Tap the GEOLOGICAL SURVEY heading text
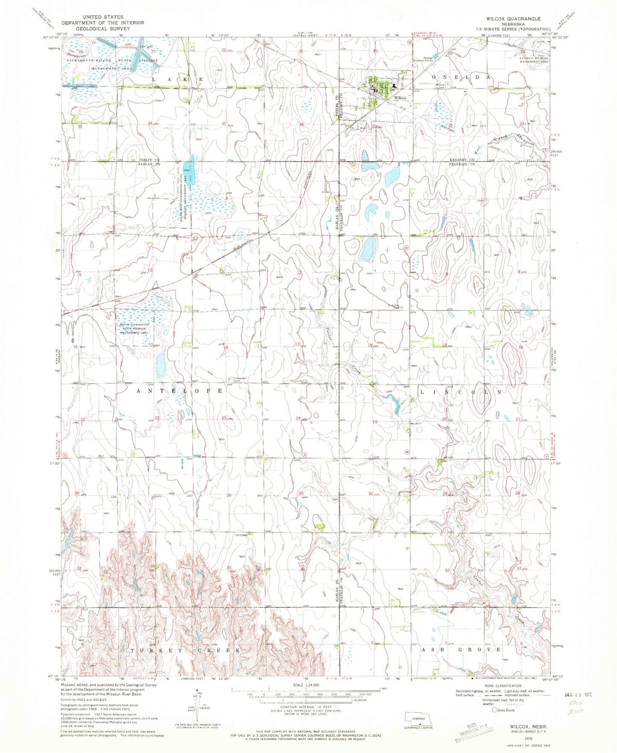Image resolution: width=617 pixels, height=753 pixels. pos(102,29)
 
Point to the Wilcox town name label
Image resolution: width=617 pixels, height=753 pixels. pos(400,98)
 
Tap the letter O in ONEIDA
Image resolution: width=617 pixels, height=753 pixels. pos(434,77)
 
